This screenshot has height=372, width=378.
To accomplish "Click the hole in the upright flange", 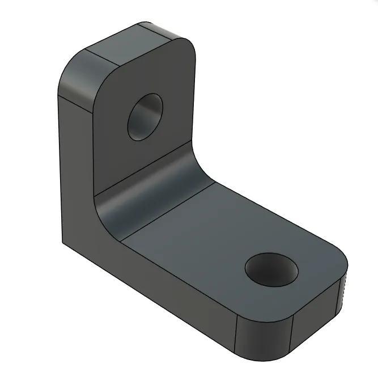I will [145, 117].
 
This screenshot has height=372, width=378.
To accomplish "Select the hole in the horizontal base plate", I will [271, 269].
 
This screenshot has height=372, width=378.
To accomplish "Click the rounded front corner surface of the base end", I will [264, 335].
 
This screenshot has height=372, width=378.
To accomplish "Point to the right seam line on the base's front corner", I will [291, 337].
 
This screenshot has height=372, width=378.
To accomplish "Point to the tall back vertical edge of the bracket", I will [60, 170].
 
